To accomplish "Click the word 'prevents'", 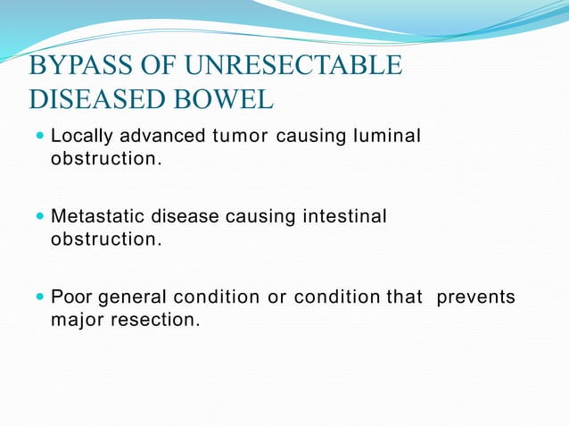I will [475, 297].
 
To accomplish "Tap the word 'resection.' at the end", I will [155, 318].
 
